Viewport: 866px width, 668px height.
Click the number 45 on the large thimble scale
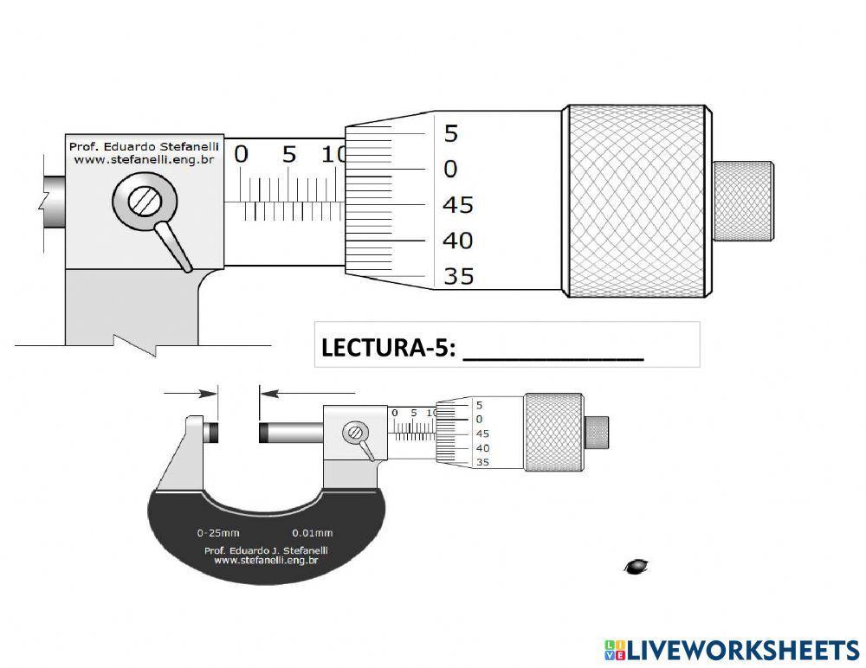click(458, 205)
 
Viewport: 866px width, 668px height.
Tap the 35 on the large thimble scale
click(458, 277)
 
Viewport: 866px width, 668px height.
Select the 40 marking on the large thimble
click(458, 241)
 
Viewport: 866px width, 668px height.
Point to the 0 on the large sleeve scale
click(241, 155)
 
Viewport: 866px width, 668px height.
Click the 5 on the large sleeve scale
click(288, 155)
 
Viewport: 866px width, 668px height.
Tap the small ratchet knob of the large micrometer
click(742, 201)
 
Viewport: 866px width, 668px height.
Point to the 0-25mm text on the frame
click(217, 534)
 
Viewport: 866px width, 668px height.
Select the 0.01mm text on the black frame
click(312, 534)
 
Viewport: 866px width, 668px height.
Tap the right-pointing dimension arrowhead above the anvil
click(209, 393)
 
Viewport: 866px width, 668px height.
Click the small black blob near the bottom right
click(637, 566)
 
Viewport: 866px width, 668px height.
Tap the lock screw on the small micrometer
click(354, 434)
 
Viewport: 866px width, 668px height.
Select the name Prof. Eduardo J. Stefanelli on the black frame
click(266, 549)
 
